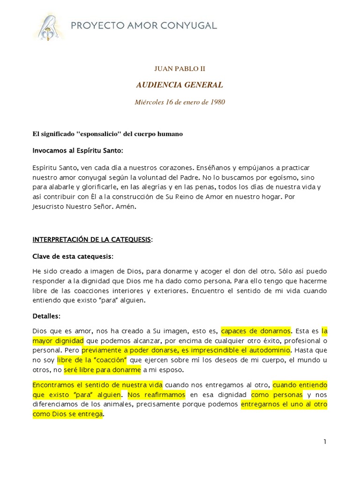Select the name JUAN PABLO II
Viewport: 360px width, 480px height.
click(180, 68)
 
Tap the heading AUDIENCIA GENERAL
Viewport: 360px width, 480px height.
click(180, 85)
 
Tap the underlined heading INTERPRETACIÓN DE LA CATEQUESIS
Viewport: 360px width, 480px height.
click(91, 240)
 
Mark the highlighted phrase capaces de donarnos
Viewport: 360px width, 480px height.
click(256, 331)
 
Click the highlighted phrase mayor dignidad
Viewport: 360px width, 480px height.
click(58, 340)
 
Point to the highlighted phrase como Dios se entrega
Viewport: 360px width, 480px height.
click(68, 414)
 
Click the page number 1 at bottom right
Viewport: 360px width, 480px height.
click(324, 442)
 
